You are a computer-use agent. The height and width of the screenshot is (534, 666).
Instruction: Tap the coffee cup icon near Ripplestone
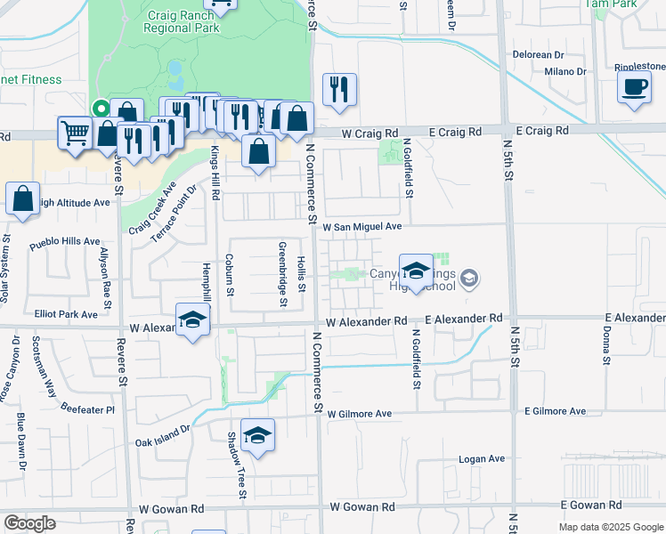tap(634, 87)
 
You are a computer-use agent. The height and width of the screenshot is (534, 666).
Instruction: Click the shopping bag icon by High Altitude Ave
tap(23, 199)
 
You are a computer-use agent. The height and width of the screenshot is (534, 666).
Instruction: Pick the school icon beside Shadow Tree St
tap(257, 435)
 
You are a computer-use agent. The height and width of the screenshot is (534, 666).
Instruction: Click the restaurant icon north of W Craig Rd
tap(338, 90)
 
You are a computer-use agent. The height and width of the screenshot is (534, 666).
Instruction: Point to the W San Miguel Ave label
tap(361, 227)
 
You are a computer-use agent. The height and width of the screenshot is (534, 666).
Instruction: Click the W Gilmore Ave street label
tap(360, 414)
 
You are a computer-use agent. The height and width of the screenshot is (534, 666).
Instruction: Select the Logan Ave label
tap(482, 459)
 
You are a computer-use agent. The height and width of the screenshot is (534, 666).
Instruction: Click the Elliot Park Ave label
tap(66, 314)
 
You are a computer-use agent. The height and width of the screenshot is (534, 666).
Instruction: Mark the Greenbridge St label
tap(283, 274)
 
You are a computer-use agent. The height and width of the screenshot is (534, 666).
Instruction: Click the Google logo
tap(29, 523)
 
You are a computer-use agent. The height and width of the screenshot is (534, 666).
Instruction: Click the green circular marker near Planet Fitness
tap(102, 109)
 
